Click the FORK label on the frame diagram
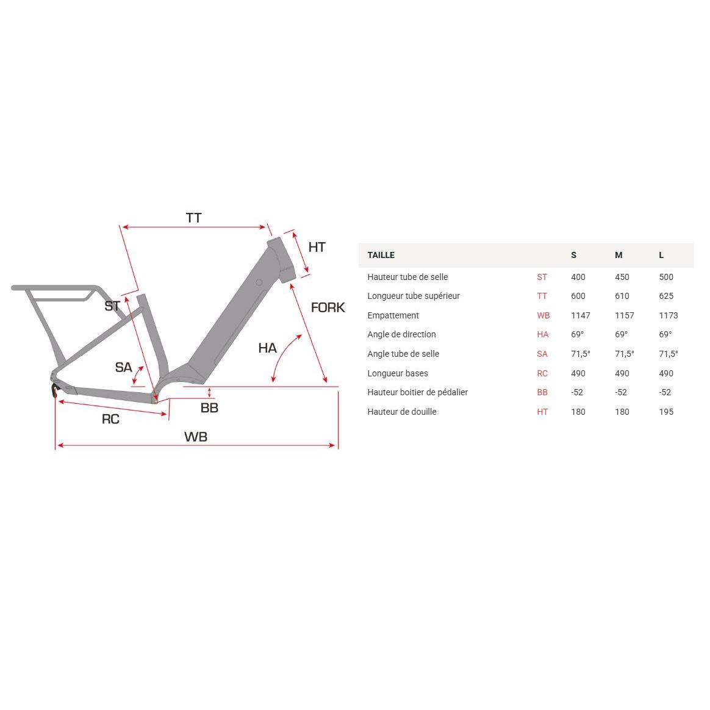click(x=328, y=307)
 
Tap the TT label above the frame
click(x=193, y=218)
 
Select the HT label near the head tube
click(x=317, y=247)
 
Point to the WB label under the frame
click(x=196, y=437)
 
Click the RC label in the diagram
click(x=110, y=419)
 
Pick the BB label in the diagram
click(x=209, y=407)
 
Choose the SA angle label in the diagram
click(x=123, y=367)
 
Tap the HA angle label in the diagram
click(x=267, y=348)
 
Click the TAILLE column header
click(x=381, y=255)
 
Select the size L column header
click(x=661, y=255)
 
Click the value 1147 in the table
click(x=580, y=315)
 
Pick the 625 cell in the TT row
click(x=666, y=296)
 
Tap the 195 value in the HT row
click(x=666, y=412)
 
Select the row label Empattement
click(x=393, y=315)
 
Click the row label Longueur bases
click(x=398, y=373)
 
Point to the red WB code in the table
click(x=543, y=315)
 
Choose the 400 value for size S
click(x=578, y=277)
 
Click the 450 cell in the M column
click(x=622, y=277)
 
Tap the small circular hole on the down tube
click(x=259, y=282)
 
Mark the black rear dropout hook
click(x=55, y=391)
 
